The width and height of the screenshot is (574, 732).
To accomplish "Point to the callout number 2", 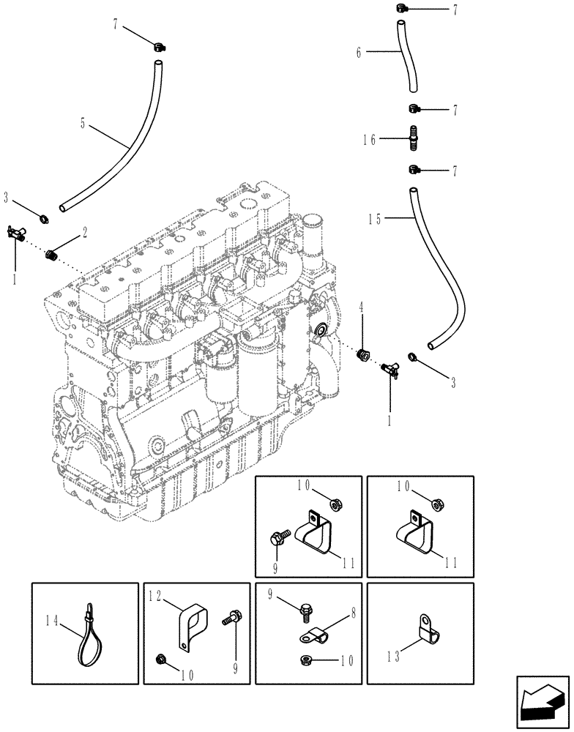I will point(85,233).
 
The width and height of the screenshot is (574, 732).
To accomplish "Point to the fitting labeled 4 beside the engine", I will point(361,356).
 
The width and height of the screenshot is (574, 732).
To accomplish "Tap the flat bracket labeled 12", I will point(193,624).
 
